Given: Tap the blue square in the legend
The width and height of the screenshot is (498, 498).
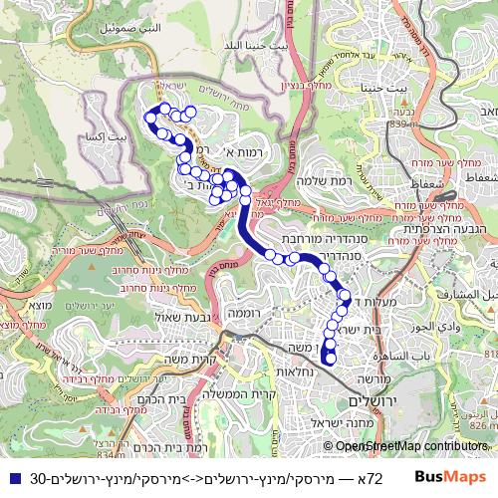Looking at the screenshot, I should click(11, 478).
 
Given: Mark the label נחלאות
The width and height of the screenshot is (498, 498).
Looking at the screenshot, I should click(296, 372).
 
